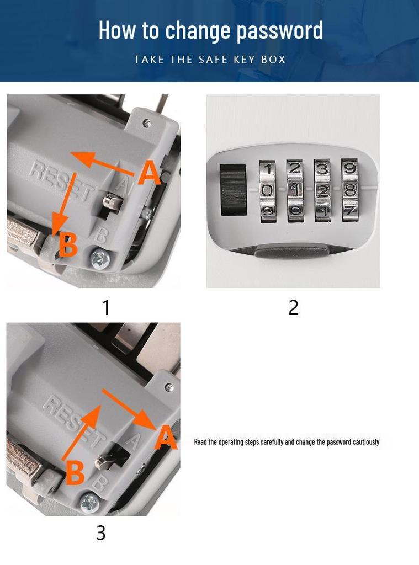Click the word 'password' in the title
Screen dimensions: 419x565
279,31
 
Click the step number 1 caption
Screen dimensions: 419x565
105,307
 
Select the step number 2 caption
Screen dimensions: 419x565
294,307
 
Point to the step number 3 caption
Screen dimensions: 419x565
101,532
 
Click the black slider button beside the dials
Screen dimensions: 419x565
233,190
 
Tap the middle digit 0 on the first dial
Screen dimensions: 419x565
267,190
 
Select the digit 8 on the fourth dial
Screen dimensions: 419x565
349,190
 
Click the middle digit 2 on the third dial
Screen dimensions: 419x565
322,190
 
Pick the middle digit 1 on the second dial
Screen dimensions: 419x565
295,190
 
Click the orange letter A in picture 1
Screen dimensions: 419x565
149,173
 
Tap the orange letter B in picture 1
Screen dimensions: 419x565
68,244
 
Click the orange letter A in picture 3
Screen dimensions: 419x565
166,437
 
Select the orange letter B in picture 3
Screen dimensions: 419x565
75,472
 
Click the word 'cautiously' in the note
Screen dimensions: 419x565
366,442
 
